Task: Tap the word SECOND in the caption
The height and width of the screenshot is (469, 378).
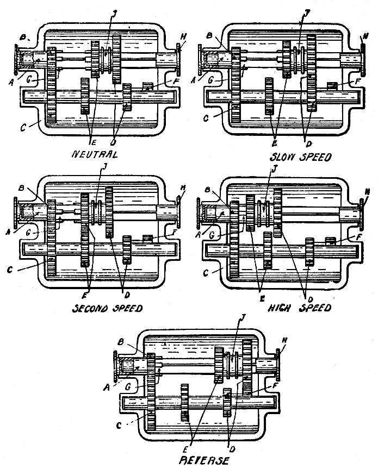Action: pos(91,308)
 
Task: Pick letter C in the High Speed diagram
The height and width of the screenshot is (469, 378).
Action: pos(221,272)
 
